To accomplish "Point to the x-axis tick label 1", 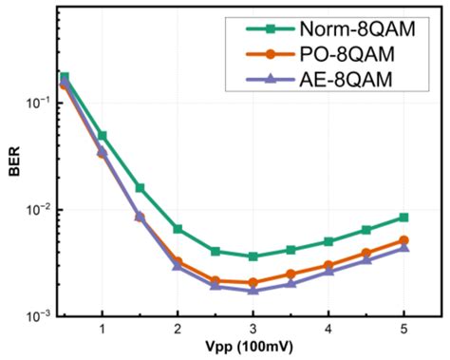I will [102, 329].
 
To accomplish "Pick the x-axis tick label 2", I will [178, 329].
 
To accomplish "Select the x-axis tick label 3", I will [253, 329].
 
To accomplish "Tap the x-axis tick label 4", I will [328, 329].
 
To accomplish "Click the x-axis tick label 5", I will [403, 329].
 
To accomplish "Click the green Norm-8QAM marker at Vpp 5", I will [403, 218].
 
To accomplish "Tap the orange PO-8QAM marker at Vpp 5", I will [403, 240].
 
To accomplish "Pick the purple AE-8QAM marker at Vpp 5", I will [403, 247].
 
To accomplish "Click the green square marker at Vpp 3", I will [253, 256].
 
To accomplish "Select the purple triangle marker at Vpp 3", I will [253, 289].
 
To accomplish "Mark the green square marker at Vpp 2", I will [178, 229].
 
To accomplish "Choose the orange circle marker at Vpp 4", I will [328, 266].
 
